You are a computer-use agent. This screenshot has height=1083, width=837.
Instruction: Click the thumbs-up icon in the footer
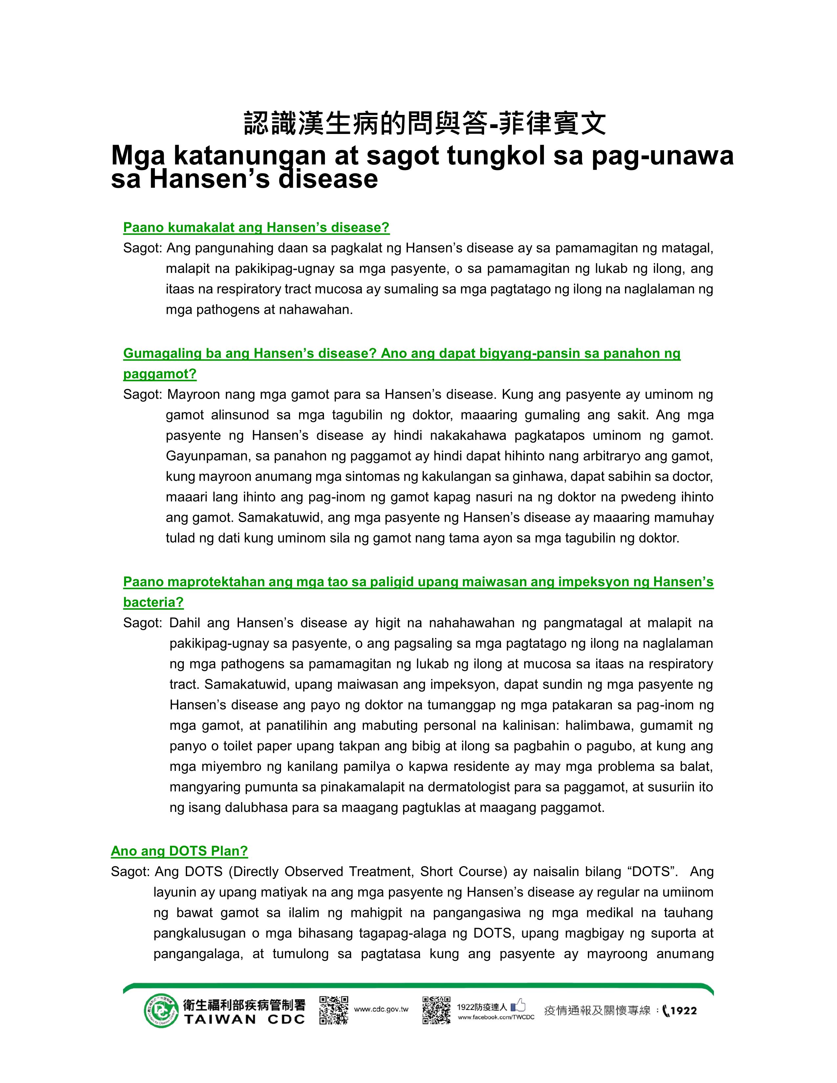pyautogui.click(x=518, y=1005)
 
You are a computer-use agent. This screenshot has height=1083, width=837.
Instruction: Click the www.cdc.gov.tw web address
pyautogui.click(x=381, y=1009)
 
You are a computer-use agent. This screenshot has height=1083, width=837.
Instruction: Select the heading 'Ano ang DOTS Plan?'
pyautogui.click(x=179, y=851)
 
